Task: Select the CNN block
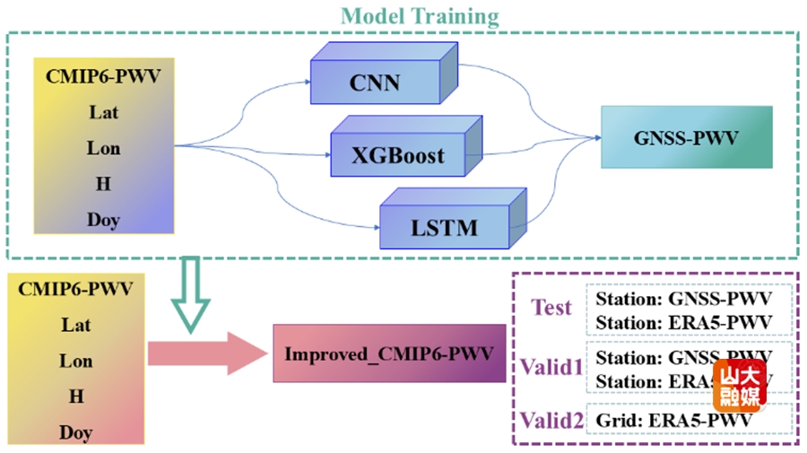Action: point(375,84)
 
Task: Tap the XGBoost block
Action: point(397,155)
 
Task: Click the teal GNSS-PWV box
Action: point(686,138)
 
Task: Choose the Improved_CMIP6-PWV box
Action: point(388,353)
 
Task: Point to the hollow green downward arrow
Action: point(190,291)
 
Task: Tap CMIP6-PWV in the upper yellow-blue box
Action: point(103,76)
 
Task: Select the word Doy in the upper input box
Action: point(103,220)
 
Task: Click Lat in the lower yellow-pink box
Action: point(76,325)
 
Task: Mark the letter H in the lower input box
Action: point(76,396)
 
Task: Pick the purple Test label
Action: point(551,308)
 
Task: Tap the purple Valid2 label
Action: point(548,419)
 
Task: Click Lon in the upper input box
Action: point(103,148)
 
